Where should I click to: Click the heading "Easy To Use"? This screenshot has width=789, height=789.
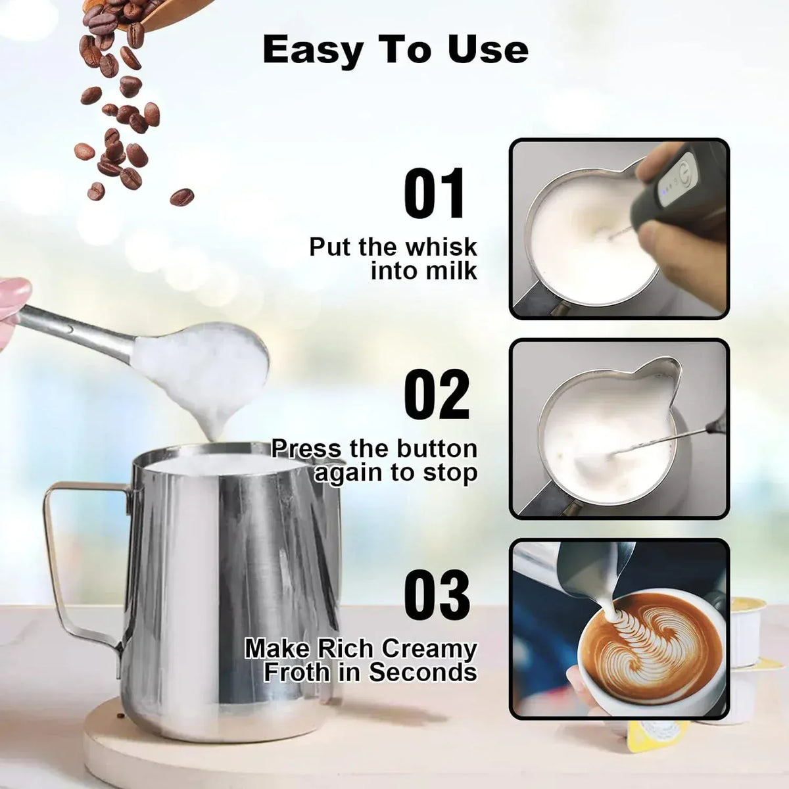(x=395, y=50)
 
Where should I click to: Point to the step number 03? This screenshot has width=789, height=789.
(x=437, y=596)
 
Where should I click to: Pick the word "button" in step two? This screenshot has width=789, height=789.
(x=437, y=449)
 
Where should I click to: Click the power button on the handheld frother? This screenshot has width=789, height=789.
(x=685, y=168)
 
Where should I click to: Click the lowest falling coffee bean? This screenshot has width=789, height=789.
(x=181, y=196)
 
